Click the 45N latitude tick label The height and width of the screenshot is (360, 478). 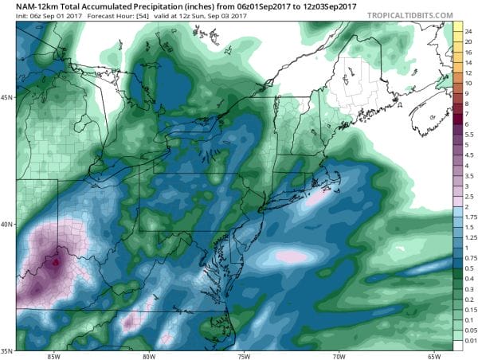(9, 99)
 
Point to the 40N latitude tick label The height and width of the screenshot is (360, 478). (9, 225)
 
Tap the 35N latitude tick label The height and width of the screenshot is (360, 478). (9, 350)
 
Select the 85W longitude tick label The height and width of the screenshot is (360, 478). (54, 354)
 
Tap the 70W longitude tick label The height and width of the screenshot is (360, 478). (340, 354)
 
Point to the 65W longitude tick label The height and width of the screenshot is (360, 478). (435, 354)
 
